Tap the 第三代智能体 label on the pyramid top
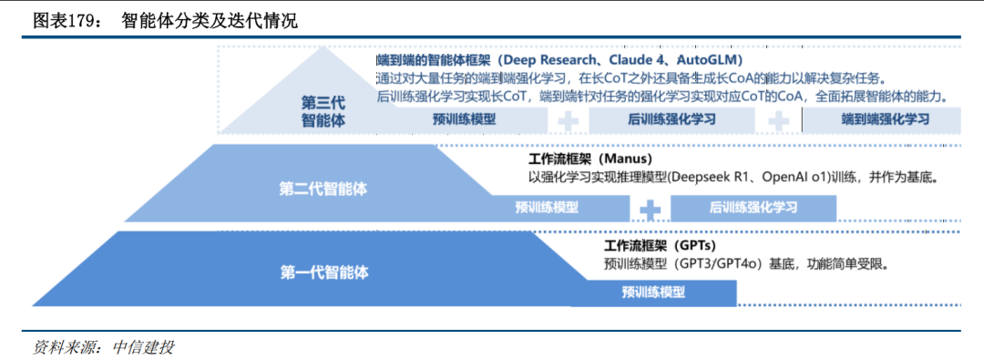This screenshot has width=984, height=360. pyautogui.click(x=323, y=111)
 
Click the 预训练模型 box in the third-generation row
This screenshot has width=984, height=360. pyautogui.click(x=465, y=119)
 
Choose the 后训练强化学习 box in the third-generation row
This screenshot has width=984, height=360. pyautogui.click(x=671, y=119)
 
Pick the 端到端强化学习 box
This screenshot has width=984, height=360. pyautogui.click(x=884, y=119)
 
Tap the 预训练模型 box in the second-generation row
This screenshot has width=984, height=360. pyautogui.click(x=547, y=207)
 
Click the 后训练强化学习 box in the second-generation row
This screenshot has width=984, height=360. pyautogui.click(x=753, y=207)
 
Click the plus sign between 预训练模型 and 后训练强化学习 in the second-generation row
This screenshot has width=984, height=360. pyautogui.click(x=650, y=209)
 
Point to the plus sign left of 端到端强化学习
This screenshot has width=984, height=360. pyautogui.click(x=779, y=120)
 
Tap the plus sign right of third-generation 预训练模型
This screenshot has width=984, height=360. pyautogui.click(x=567, y=120)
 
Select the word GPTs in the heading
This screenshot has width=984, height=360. pyautogui.click(x=695, y=246)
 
